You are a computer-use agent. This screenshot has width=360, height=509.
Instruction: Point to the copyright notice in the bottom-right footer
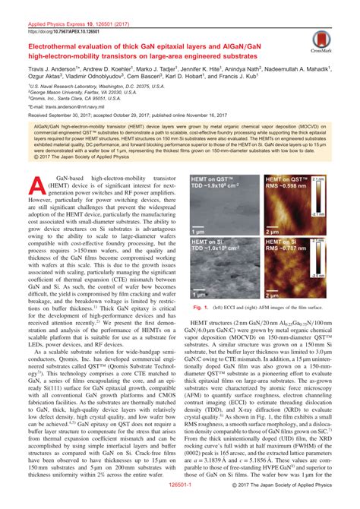click(x=296, y=501)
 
